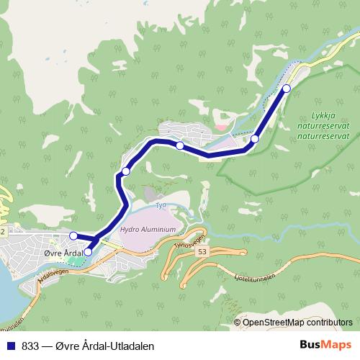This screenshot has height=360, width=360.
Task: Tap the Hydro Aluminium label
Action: (x=148, y=230)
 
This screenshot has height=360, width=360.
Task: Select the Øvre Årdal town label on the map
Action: (x=60, y=253)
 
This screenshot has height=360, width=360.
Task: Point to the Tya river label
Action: (x=161, y=206)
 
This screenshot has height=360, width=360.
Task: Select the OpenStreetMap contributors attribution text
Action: (x=297, y=323)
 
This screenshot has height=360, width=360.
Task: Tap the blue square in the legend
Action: (x=11, y=346)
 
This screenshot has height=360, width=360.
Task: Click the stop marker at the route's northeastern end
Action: (x=286, y=89)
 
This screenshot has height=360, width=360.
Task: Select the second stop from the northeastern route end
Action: (x=255, y=139)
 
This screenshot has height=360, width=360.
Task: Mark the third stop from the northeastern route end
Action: (x=179, y=146)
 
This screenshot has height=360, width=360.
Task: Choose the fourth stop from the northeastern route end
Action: (x=126, y=171)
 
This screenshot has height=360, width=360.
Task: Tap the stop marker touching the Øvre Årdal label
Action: (x=88, y=252)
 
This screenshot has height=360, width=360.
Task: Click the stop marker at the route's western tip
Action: (x=73, y=235)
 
